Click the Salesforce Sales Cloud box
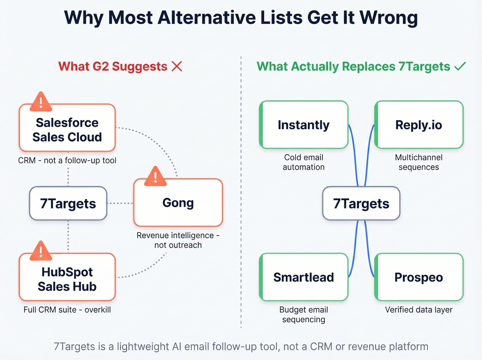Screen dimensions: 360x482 [67, 130]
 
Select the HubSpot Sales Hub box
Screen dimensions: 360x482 [67, 279]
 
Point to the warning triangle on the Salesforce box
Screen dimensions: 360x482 [41, 102]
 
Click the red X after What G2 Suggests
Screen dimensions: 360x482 [177, 66]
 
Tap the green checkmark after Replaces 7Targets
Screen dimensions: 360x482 [460, 66]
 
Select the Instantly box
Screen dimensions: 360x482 [304, 125]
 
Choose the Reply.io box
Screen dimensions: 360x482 [419, 125]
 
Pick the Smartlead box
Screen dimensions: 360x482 [304, 277]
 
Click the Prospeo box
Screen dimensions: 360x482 [419, 277]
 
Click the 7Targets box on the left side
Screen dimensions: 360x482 [68, 204]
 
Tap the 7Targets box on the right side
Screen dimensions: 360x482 [361, 204]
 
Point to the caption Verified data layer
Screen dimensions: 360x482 [419, 310]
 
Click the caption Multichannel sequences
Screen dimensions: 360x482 [419, 162]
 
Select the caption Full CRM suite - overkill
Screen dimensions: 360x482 [67, 310]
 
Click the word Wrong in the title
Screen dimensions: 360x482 [388, 18]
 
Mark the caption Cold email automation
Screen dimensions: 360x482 [304, 162]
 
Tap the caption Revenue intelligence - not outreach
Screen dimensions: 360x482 [178, 240]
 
